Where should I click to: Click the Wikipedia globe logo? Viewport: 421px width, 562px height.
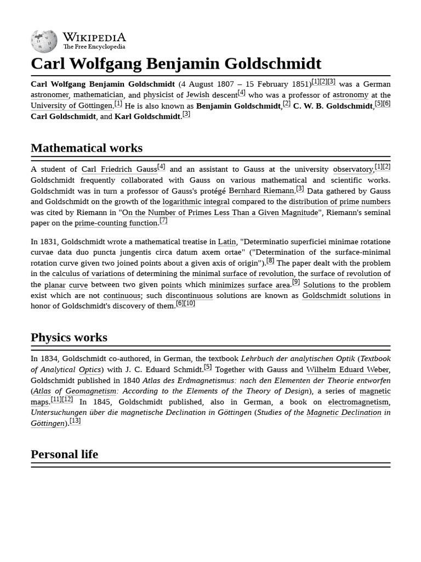[44, 42]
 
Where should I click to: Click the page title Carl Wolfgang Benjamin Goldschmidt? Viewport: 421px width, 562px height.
[176, 63]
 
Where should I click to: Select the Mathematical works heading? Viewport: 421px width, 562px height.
[87, 148]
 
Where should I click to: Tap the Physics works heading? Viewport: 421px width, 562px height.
[69, 337]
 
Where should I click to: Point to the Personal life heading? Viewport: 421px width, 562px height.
[64, 454]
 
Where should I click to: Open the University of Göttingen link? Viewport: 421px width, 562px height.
[71, 105]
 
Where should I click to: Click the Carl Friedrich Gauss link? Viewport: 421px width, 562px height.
[119, 170]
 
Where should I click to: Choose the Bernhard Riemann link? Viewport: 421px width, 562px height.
[261, 191]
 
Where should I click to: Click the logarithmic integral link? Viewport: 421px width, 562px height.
[196, 201]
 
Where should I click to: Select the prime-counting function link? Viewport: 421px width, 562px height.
[116, 223]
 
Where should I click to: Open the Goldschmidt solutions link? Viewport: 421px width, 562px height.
[341, 295]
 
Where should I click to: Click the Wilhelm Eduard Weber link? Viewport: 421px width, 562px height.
[347, 369]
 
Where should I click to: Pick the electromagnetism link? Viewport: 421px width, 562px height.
[359, 402]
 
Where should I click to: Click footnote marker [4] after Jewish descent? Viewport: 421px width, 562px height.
[241, 93]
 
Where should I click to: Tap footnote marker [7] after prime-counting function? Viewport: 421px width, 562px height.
[163, 221]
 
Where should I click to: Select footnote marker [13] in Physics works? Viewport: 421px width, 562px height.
[75, 421]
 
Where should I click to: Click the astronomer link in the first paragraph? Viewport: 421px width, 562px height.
[49, 95]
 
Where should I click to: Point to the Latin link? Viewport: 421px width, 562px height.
[226, 241]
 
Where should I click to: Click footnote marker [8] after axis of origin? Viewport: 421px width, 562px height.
[270, 261]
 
